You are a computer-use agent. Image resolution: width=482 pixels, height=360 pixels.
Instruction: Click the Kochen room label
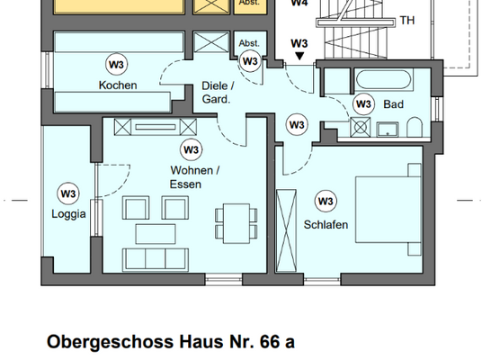tap(119, 85)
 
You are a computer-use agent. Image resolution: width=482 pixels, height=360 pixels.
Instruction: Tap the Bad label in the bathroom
tap(393, 104)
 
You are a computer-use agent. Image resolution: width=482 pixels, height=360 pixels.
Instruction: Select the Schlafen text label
tap(325, 224)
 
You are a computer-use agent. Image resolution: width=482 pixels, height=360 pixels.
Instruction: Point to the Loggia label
tap(68, 214)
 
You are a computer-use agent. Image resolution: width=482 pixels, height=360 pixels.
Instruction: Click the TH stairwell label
tap(407, 21)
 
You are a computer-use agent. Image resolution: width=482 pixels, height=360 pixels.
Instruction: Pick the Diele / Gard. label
tap(215, 94)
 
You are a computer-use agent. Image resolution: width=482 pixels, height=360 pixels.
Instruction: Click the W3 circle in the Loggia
tap(68, 192)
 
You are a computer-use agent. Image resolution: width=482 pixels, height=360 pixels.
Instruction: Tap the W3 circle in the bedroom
tap(325, 201)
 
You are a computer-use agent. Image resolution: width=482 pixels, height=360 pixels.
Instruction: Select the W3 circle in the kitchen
tap(116, 64)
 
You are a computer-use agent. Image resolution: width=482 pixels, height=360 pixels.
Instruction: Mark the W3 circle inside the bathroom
tap(363, 103)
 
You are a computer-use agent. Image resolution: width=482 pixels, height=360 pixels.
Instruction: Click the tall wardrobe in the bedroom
tap(288, 229)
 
